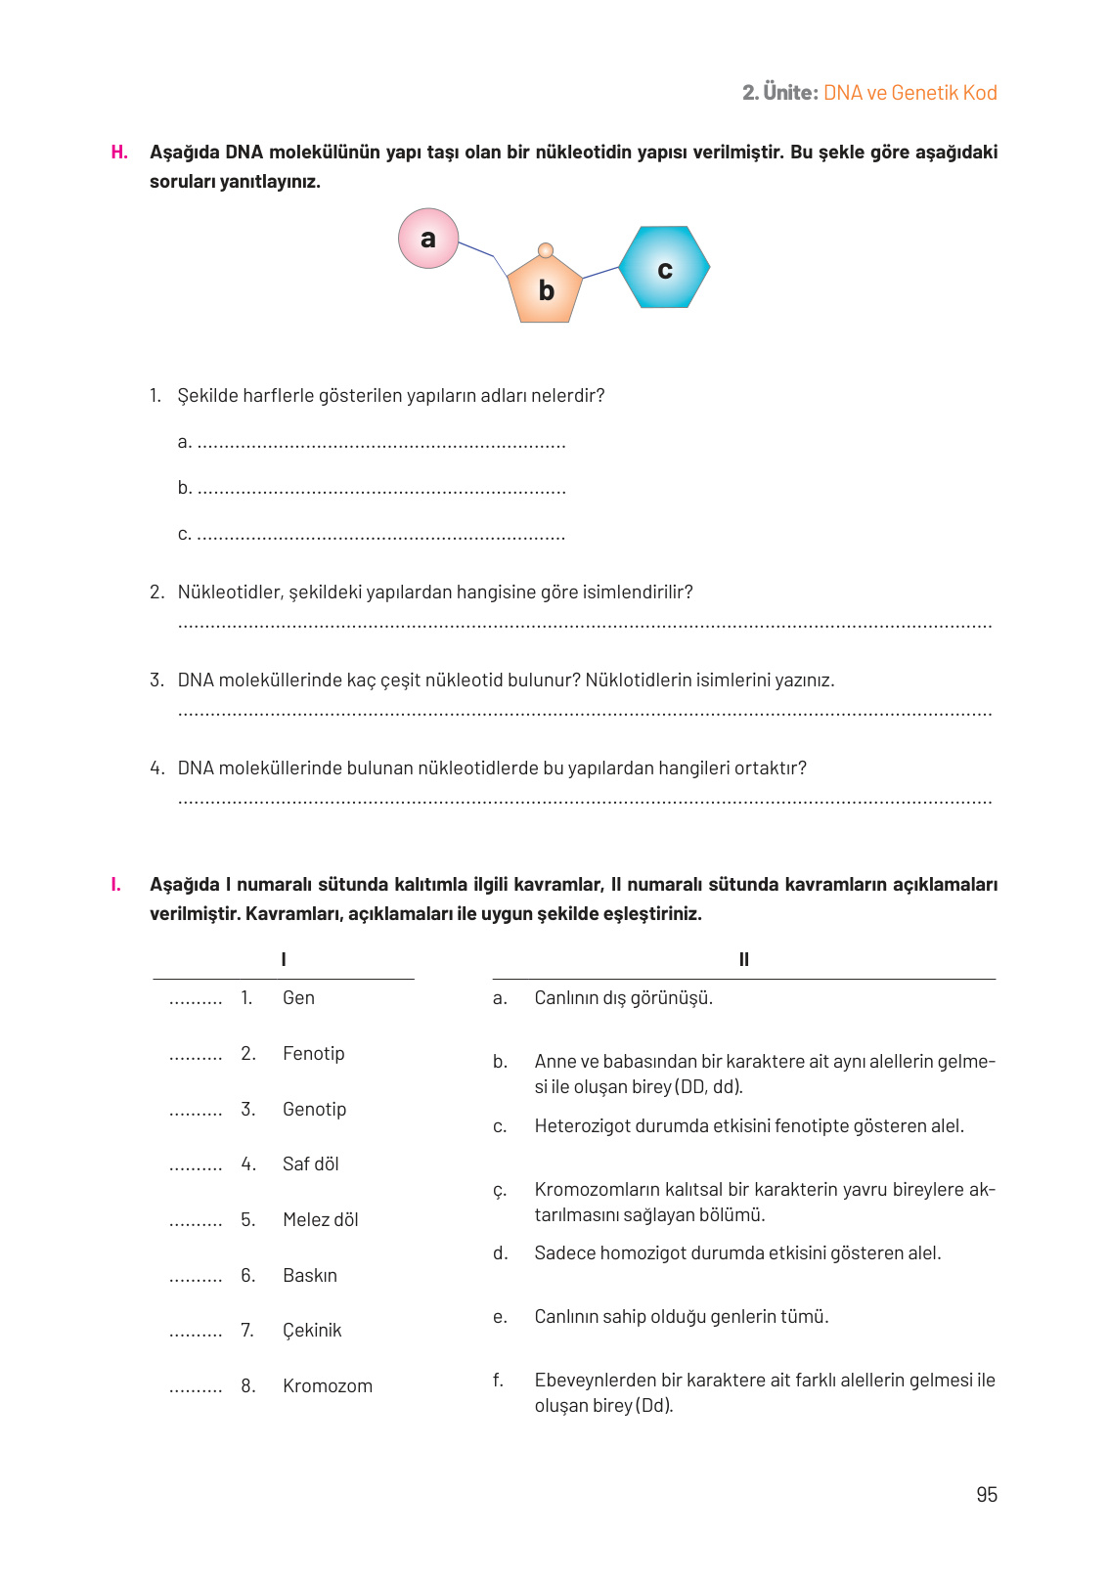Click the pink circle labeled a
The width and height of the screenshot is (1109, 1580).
[x=428, y=239]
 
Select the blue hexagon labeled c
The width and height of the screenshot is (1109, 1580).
[x=665, y=268]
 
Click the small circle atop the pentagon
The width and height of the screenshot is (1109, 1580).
[x=546, y=250]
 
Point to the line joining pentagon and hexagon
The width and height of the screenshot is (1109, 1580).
[x=600, y=272]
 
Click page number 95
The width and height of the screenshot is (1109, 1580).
[x=986, y=1494]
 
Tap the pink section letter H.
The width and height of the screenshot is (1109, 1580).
[x=119, y=153]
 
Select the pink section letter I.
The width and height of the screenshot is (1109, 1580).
[x=116, y=885]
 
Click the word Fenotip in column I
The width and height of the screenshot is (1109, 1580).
[x=313, y=1054]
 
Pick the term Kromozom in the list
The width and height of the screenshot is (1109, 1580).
[x=327, y=1386]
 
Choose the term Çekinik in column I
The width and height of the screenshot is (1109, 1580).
[x=312, y=1331]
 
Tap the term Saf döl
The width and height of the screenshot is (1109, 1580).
[x=310, y=1164]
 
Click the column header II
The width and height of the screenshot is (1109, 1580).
[x=743, y=960]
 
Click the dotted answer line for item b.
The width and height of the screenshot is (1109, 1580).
[x=381, y=490]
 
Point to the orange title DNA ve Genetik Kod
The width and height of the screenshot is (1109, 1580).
[x=909, y=93]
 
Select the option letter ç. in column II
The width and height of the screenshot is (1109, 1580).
[x=500, y=1191]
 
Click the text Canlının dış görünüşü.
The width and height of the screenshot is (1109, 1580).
[x=623, y=998]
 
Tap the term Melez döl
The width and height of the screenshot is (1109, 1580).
[x=320, y=1220]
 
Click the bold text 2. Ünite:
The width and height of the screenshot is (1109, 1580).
[x=779, y=93]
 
